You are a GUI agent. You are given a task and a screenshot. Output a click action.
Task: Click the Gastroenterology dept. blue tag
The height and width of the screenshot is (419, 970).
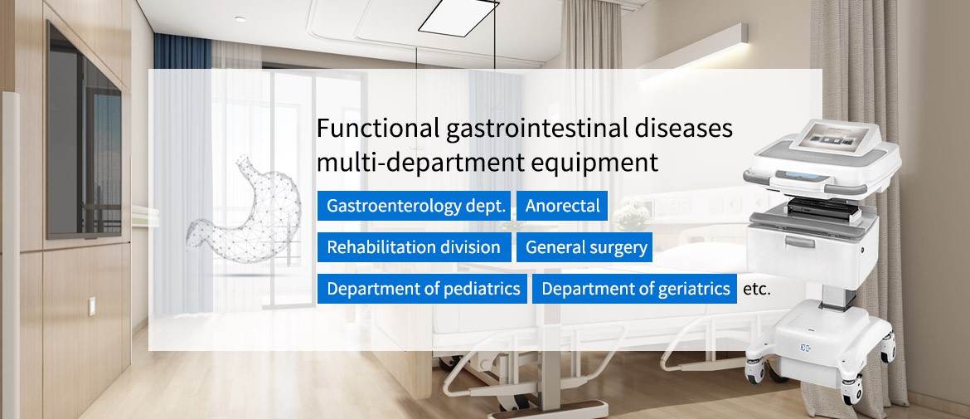click(414, 206)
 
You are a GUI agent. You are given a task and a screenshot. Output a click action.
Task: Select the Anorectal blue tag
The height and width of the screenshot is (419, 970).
click(562, 206)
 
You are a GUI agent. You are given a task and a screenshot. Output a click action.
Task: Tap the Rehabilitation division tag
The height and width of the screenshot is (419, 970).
click(414, 247)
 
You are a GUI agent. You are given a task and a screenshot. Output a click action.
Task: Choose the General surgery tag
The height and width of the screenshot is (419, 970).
click(584, 247)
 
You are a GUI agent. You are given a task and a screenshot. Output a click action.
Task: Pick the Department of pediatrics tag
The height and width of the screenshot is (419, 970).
click(422, 289)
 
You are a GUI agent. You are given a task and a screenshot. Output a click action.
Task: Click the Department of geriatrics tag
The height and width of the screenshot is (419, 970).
click(635, 289)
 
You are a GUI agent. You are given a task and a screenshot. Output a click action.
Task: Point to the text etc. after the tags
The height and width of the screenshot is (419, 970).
click(757, 289)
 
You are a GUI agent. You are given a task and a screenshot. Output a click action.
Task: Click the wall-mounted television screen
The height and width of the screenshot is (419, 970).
click(85, 131)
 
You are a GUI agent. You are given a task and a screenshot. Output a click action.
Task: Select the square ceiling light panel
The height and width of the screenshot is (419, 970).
click(459, 17)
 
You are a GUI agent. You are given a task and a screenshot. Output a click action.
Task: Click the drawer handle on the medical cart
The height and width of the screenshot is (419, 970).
click(800, 241)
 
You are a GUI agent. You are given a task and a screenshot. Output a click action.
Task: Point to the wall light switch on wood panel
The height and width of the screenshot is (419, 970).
click(91, 306)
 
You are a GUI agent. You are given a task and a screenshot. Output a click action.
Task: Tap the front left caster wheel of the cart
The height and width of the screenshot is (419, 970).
click(755, 371)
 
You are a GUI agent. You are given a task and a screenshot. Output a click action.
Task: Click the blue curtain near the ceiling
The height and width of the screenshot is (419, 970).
click(182, 51)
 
